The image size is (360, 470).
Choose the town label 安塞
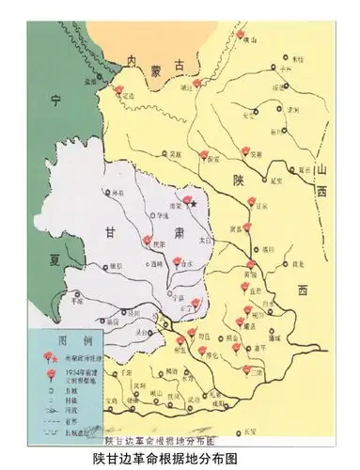pyautogui.click(x=254, y=157)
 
